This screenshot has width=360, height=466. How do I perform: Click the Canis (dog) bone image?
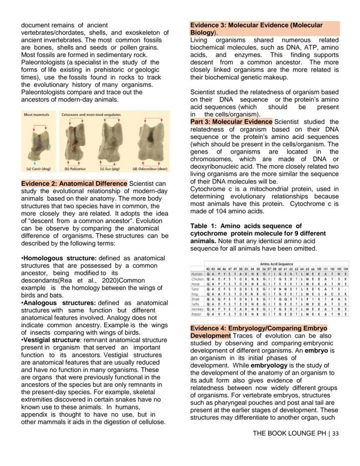pos(37,141)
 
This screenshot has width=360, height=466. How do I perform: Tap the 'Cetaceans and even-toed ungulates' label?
pos(91,115)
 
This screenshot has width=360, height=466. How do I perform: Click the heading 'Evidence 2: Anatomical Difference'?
pos(74,184)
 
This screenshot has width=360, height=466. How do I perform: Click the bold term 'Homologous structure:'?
pos(60,258)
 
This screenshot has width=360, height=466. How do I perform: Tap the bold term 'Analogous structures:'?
pos(60,302)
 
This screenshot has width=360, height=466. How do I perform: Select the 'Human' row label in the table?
pos(197,274)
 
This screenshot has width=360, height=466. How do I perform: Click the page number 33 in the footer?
pos(335,433)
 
